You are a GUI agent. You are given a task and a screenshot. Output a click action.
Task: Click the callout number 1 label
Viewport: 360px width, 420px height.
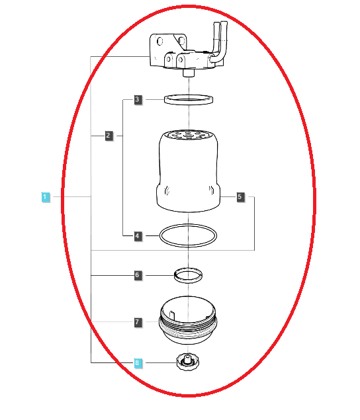[45, 196]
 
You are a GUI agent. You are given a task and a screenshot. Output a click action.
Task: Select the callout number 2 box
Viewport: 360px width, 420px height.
[108, 136]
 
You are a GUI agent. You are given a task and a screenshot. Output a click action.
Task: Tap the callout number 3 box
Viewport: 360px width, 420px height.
[137, 100]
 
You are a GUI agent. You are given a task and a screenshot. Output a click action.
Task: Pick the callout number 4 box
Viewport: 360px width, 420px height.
[137, 235]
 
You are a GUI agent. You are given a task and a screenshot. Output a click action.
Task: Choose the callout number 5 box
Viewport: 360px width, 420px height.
[240, 196]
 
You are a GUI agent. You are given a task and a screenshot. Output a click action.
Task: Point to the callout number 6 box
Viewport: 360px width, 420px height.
[137, 274]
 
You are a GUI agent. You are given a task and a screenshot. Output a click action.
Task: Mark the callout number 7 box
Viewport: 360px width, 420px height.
[137, 322]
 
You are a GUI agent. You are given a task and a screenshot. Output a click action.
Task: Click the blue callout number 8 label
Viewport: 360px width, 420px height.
[137, 362]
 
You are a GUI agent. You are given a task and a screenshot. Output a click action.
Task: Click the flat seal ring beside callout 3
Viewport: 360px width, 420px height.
[189, 100]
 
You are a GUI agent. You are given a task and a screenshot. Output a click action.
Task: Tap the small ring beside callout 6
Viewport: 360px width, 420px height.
[188, 273]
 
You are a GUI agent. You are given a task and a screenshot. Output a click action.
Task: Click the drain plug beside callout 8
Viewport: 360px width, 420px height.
[186, 363]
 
